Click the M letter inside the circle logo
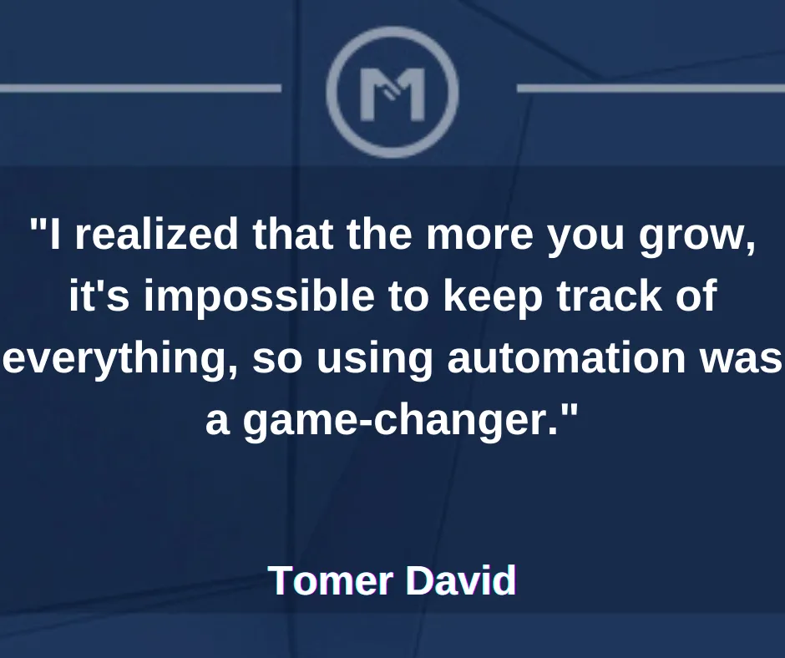(x=392, y=94)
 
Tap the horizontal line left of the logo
(x=140, y=89)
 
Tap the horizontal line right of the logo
(x=651, y=89)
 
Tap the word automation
(x=566, y=357)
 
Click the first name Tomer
(x=331, y=580)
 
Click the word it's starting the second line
(x=99, y=295)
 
